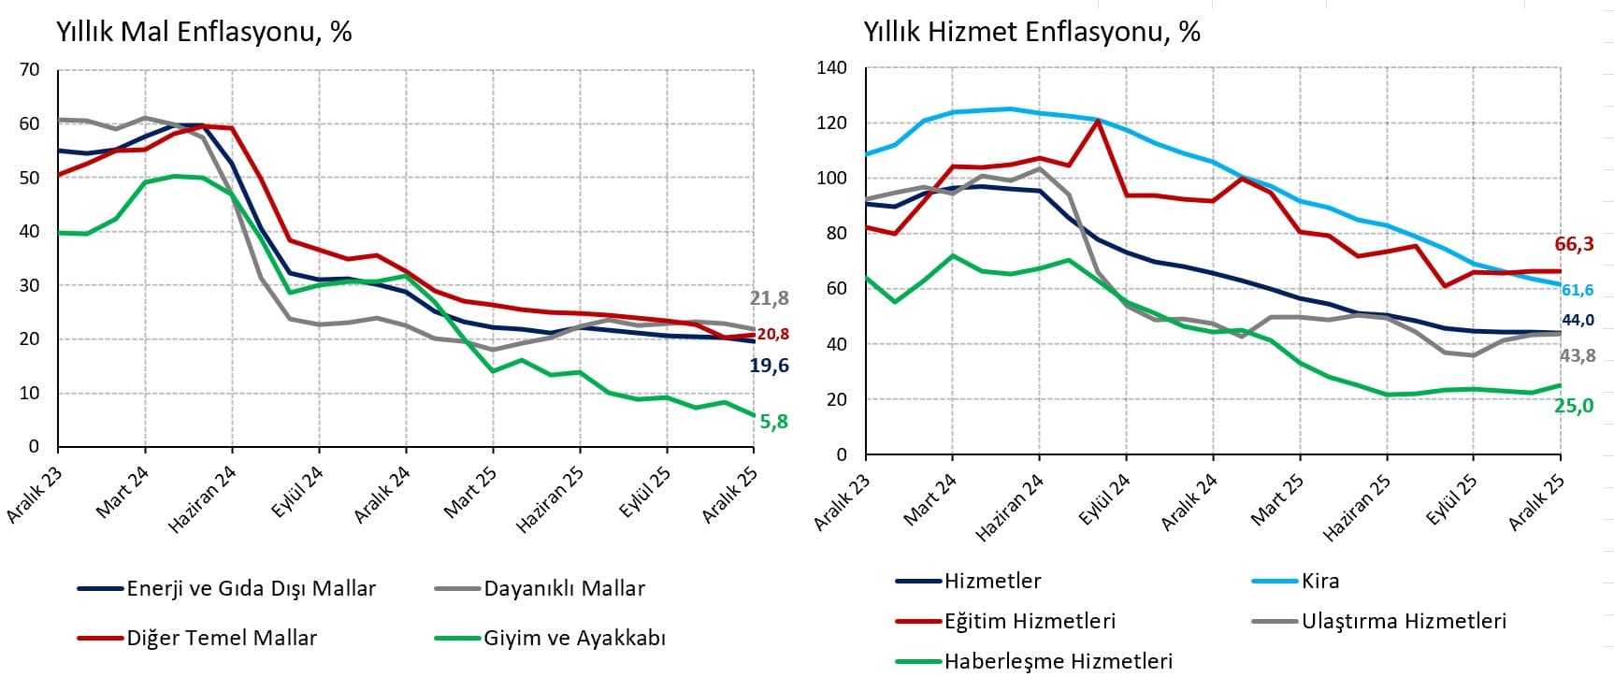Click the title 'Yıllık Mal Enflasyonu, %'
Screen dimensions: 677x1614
coord(204,32)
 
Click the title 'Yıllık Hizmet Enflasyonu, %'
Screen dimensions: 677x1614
coord(1031,32)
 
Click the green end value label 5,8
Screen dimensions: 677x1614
coord(773,422)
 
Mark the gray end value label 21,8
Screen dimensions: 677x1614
coord(769,298)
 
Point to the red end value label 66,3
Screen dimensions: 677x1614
coord(1574,244)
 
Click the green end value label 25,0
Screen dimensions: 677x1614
coord(1574,406)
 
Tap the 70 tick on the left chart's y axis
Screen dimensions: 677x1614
coord(29,69)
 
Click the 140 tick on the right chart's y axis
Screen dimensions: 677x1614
coord(831,67)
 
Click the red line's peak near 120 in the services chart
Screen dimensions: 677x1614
coord(1098,120)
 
